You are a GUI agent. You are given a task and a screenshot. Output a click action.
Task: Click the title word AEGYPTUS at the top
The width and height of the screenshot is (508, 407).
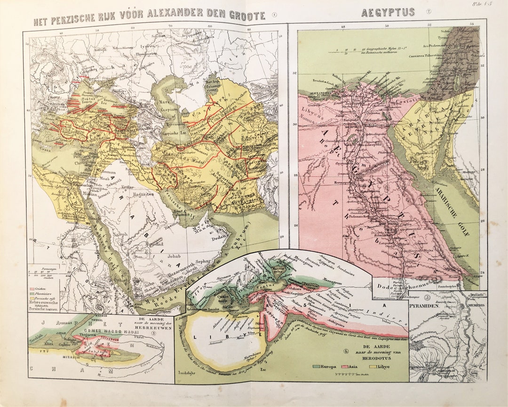click(x=388, y=12)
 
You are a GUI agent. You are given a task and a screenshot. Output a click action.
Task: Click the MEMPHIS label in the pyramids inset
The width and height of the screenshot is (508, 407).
click(x=476, y=305)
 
